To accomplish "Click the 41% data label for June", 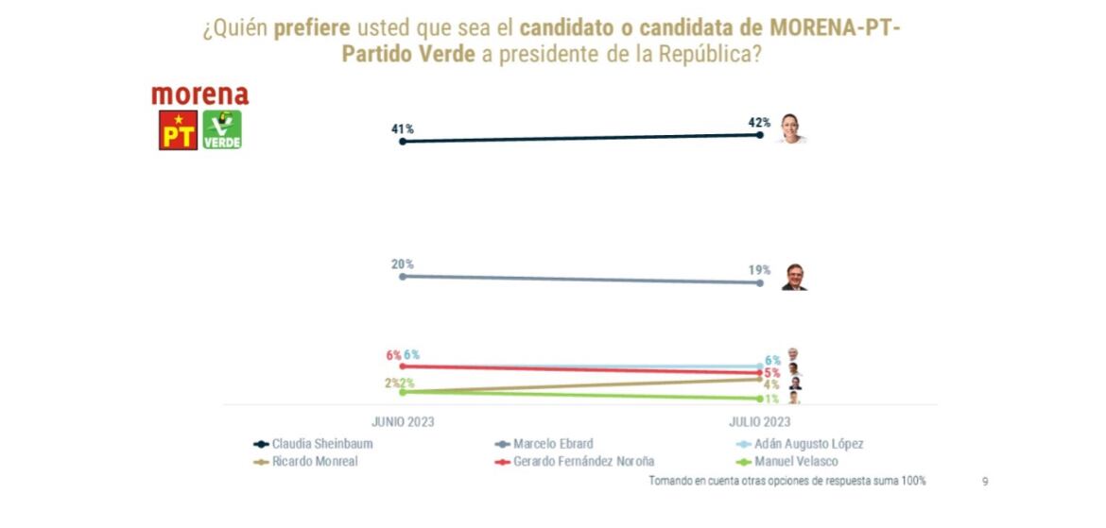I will [403, 128].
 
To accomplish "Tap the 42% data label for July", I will [759, 123].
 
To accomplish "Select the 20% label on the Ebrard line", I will [403, 264].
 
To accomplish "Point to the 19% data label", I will [759, 270].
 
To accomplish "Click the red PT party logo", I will [178, 130].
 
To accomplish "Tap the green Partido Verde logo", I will [222, 130].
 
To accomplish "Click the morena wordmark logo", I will [199, 95].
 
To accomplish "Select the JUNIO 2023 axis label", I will [403, 422].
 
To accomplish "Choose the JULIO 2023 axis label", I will [759, 422].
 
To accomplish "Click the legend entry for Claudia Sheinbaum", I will [321, 444].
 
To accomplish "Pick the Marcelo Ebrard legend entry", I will [553, 444].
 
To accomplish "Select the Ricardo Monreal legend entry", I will [314, 462].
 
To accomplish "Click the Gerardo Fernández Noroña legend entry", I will [583, 462].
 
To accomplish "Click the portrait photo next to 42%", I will [791, 129].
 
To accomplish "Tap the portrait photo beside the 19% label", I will [793, 277].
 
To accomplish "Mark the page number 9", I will [985, 482].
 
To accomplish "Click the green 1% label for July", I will [771, 400].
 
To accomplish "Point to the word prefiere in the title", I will [311, 28].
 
